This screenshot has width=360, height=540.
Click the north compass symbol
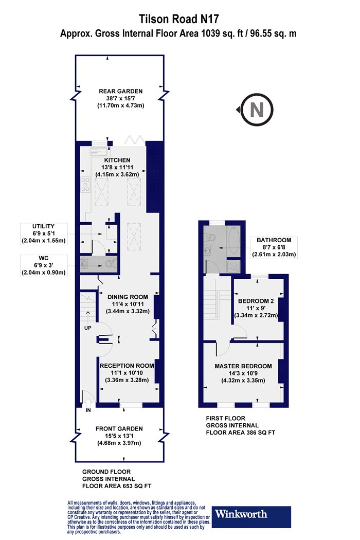click(x=257, y=110)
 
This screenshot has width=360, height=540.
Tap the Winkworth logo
click(x=251, y=516)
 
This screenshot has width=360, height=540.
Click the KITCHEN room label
click(x=117, y=160)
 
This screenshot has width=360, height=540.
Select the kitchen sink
click(x=100, y=151)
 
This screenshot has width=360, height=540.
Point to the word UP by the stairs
click(x=88, y=328)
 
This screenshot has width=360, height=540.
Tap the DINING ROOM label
click(x=128, y=297)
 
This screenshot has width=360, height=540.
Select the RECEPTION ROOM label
click(x=127, y=366)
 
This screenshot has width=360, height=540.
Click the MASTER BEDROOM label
click(x=243, y=366)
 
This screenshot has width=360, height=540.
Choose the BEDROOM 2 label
click(x=256, y=301)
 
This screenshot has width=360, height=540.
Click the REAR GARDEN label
click(x=120, y=91)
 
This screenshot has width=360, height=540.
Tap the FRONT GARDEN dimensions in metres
click(x=119, y=443)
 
